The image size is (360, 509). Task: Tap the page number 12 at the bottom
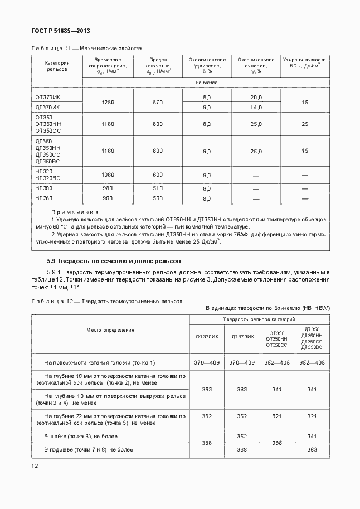[35, 466]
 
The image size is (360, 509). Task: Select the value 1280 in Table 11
[108, 102]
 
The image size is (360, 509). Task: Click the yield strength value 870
[158, 102]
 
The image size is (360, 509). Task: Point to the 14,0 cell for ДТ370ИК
[256, 107]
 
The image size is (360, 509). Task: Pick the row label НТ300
[44, 188]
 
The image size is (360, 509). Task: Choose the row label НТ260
[44, 198]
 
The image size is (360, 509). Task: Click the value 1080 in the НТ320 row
[108, 174]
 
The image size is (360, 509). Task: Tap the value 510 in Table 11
[158, 188]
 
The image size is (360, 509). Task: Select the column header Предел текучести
[158, 65]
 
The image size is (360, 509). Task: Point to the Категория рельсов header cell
[56, 66]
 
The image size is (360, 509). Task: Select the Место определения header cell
[110, 330]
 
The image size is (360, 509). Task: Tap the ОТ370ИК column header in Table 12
[207, 336]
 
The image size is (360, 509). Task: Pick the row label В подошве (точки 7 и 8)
[89, 449]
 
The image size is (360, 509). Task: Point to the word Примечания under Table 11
[75, 212]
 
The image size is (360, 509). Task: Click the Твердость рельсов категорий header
[259, 319]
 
